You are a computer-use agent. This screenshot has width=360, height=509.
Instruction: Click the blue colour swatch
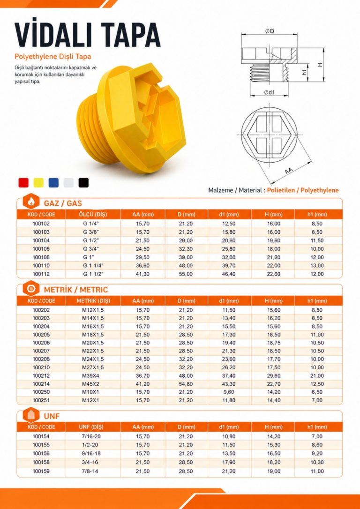click(x=53, y=182)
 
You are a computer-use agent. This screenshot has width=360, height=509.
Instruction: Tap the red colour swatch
click(x=23, y=182)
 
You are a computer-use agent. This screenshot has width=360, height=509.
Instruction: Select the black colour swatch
click(x=83, y=182)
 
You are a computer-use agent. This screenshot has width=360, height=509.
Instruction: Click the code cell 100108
click(x=41, y=257)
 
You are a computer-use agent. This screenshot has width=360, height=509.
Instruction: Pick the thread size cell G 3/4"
click(x=93, y=249)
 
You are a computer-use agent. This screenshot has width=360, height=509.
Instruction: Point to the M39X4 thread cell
click(x=93, y=375)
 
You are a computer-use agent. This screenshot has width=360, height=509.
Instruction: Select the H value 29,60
click(x=274, y=375)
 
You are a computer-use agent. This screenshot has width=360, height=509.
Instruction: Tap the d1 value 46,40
click(x=229, y=274)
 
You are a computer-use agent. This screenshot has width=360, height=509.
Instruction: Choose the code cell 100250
click(x=41, y=392)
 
